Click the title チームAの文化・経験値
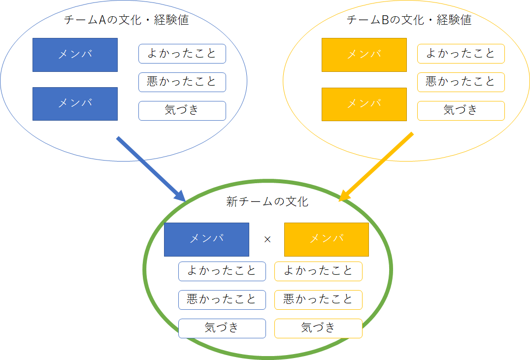click(127, 20)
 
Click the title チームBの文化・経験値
click(409, 20)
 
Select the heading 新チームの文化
click(267, 202)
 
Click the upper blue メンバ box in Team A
click(75, 55)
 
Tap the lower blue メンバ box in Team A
click(75, 104)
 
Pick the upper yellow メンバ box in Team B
click(364, 55)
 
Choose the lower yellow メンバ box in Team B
click(364, 104)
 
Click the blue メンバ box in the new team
click(206, 239)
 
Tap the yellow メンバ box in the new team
click(327, 239)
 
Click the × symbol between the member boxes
click(267, 240)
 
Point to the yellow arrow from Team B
click(376, 167)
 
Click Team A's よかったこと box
click(182, 54)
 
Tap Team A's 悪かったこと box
click(182, 82)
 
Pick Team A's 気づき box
click(182, 110)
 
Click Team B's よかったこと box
click(461, 54)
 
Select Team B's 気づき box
click(461, 110)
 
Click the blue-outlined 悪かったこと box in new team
click(222, 300)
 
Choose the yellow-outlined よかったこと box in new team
click(318, 271)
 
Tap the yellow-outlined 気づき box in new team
click(318, 328)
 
